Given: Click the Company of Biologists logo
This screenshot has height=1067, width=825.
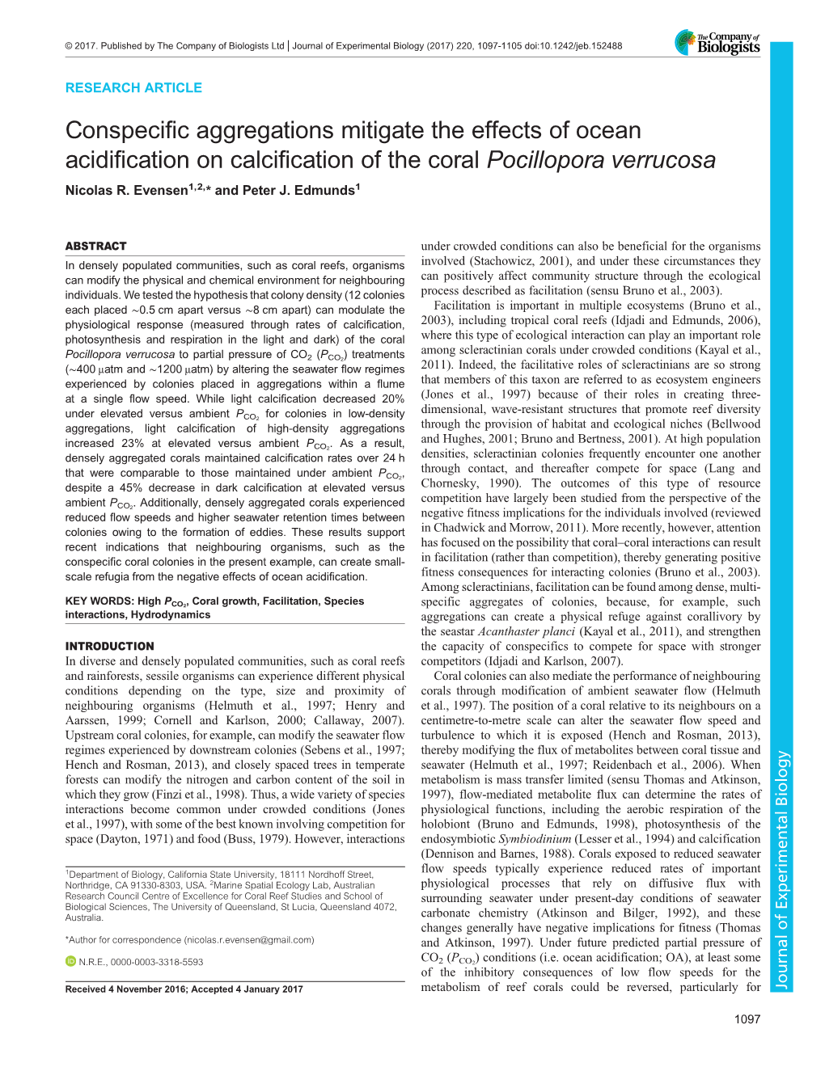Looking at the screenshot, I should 717,43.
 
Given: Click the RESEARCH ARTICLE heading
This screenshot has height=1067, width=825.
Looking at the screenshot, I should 133,87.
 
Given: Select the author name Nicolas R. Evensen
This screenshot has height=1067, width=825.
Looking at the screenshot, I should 126,191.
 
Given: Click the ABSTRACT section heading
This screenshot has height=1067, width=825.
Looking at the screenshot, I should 95,246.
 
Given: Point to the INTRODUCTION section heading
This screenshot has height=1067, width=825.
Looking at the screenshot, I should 109,646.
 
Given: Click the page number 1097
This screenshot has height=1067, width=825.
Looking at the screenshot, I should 747,1018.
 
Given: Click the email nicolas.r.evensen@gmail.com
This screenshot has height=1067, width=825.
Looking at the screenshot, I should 248,940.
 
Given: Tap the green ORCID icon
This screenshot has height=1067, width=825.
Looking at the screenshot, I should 70,962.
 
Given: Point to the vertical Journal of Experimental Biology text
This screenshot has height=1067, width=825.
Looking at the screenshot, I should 781,869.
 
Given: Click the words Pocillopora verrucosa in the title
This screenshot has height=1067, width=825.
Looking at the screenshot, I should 601,160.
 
